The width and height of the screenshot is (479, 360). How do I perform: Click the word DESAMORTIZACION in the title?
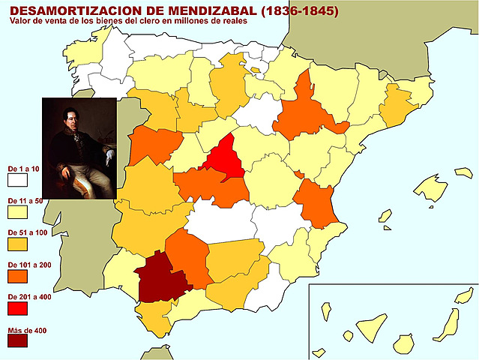tap(72, 11)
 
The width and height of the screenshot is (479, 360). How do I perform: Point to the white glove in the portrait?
tap(109, 158)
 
